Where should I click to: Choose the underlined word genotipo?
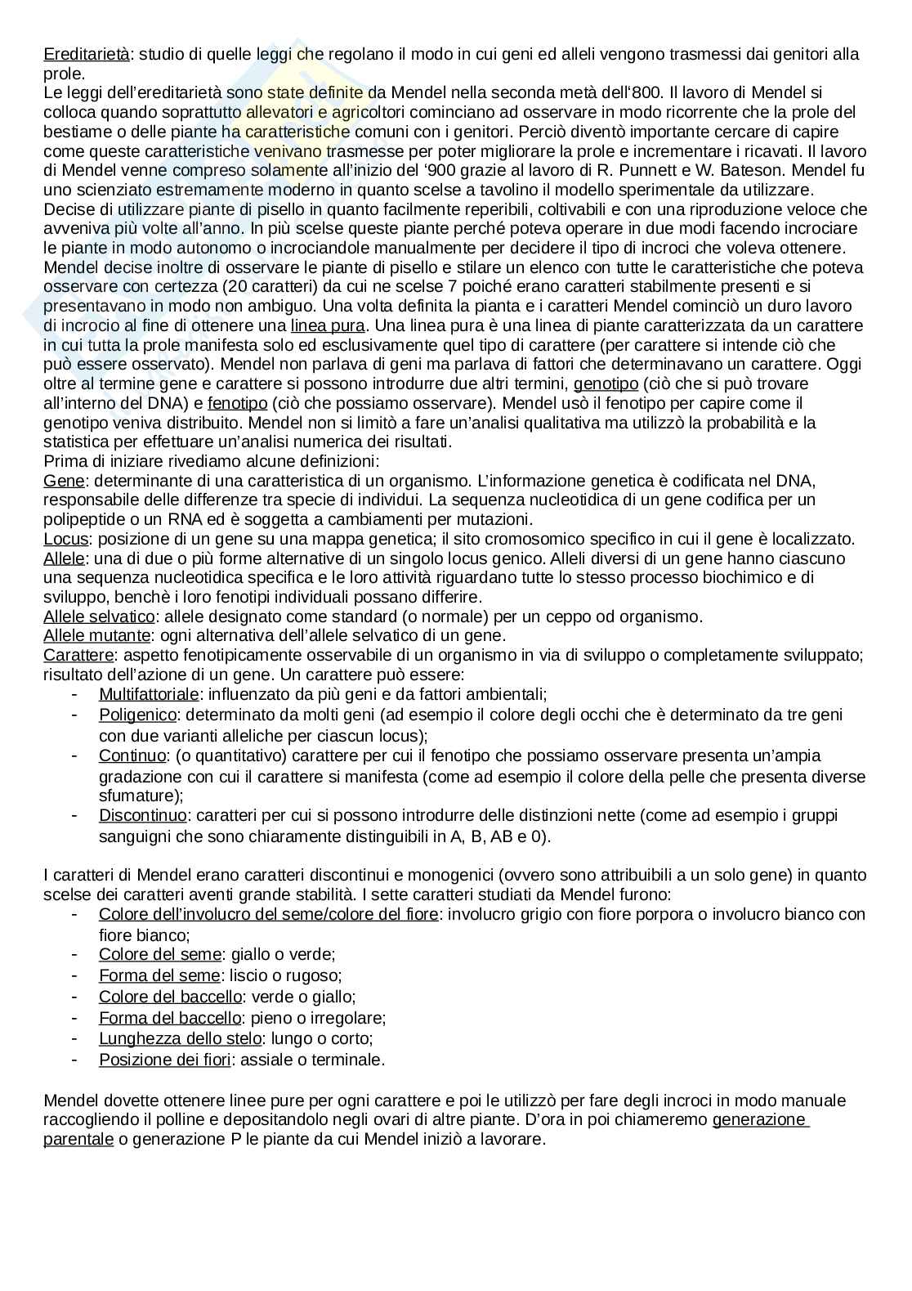606,383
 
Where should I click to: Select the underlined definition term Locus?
65,539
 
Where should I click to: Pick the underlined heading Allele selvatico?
99,616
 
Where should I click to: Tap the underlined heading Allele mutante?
96,635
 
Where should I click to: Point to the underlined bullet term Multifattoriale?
149,694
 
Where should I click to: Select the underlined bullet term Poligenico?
137,715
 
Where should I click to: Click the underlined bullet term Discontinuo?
143,815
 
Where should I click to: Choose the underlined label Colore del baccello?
170,997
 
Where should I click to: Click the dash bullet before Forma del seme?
74,975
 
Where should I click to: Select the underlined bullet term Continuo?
132,755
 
